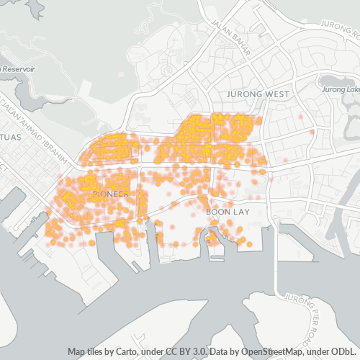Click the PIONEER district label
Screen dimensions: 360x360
click(x=110, y=194)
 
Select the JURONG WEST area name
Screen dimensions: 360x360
click(x=258, y=94)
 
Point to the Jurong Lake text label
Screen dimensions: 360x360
click(x=341, y=89)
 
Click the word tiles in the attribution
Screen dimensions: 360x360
click(x=94, y=351)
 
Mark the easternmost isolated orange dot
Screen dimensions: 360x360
click(x=312, y=132)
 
